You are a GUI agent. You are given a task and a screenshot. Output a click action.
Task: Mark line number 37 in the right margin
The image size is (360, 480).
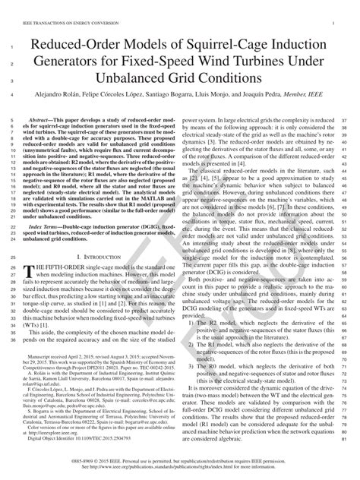[345, 120]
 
